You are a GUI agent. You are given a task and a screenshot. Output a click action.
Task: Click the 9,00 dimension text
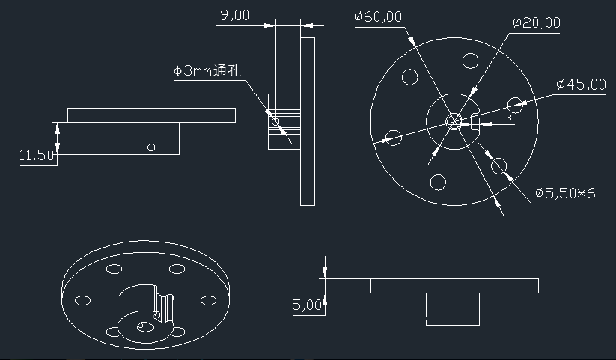[x=235, y=15]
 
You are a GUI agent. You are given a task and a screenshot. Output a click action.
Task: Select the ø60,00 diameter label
[x=378, y=16]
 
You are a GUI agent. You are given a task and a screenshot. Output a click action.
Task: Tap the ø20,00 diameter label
[x=536, y=22]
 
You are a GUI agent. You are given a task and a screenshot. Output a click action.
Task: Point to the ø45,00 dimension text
[x=581, y=85]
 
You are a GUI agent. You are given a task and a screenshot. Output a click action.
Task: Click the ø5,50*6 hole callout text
[x=565, y=194]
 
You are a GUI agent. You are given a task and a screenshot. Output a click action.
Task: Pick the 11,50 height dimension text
[x=37, y=156]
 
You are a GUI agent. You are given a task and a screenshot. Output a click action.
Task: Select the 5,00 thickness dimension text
[x=307, y=305]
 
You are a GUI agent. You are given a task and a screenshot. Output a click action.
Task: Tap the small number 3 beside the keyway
[x=508, y=118]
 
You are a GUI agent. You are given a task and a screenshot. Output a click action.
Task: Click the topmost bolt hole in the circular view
[x=470, y=60]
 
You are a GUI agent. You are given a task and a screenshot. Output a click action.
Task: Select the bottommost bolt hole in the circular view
[x=439, y=180]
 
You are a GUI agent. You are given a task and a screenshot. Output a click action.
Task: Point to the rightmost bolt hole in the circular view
[x=516, y=104]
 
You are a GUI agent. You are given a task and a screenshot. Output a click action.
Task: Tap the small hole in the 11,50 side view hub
[x=151, y=147]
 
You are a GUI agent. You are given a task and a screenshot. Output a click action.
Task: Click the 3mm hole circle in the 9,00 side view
[x=275, y=120]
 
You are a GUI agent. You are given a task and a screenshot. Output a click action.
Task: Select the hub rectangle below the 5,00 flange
[x=452, y=309]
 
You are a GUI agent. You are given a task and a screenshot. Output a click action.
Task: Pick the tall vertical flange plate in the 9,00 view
[x=307, y=120]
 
